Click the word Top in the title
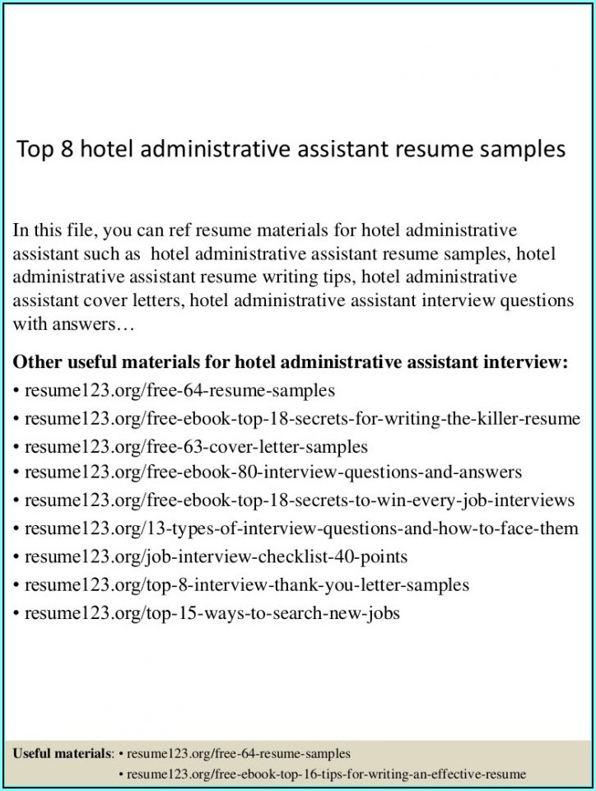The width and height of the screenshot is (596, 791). (35, 150)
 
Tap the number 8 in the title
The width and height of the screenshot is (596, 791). (67, 149)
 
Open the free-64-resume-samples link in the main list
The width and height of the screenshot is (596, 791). (179, 390)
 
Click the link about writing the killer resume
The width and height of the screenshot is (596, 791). (302, 419)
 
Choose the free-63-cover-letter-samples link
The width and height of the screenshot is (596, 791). (196, 447)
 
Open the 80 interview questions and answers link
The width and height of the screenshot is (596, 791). (272, 472)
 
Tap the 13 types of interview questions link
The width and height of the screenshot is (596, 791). (301, 528)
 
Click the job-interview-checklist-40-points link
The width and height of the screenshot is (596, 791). (216, 557)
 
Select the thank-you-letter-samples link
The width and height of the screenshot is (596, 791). (247, 585)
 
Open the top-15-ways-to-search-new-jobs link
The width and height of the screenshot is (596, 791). (212, 613)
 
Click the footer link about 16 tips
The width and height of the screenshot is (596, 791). (326, 775)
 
